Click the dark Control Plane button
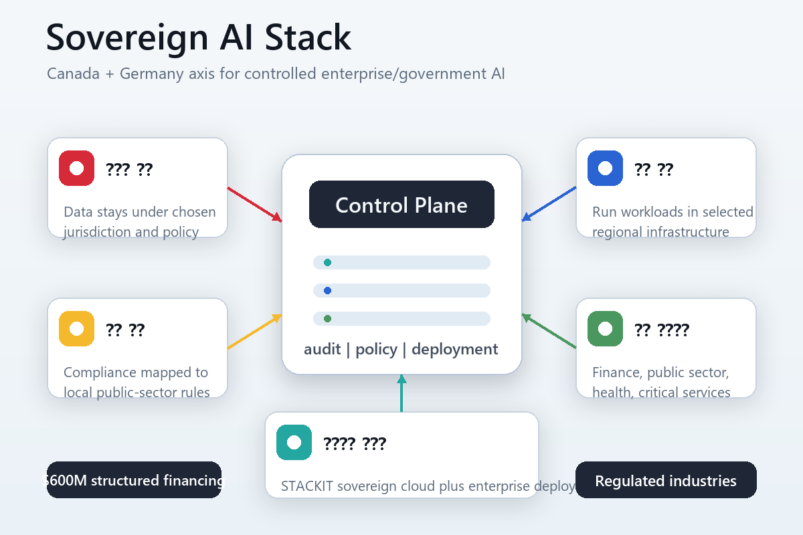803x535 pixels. pos(401,205)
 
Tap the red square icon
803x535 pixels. pos(76,169)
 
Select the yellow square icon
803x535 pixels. pos(76,329)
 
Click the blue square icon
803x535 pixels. pos(605,169)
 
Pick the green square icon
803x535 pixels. pos(605,329)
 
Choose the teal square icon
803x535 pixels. pos(294,443)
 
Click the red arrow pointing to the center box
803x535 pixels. pos(254,204)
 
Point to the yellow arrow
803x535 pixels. pos(254,332)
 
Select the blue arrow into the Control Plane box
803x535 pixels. pos(549,204)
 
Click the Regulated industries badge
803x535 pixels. pos(666,480)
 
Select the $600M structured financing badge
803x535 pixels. pos(134,480)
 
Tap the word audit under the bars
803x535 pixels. pos(322,349)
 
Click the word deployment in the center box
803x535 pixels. pos(455,349)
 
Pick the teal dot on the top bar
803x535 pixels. pos(327,262)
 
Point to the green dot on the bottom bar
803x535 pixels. pos(327,318)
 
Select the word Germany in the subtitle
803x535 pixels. pos(149,74)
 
